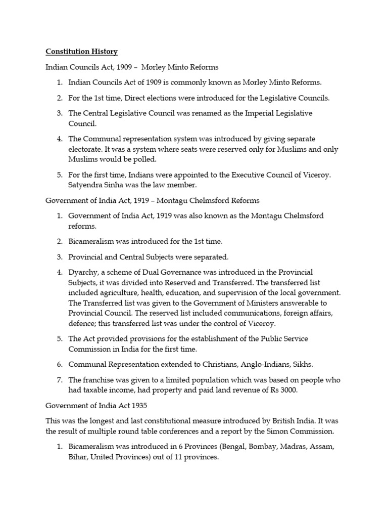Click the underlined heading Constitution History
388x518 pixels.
[81, 52]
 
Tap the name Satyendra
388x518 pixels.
[86, 185]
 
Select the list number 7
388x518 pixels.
[59, 380]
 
